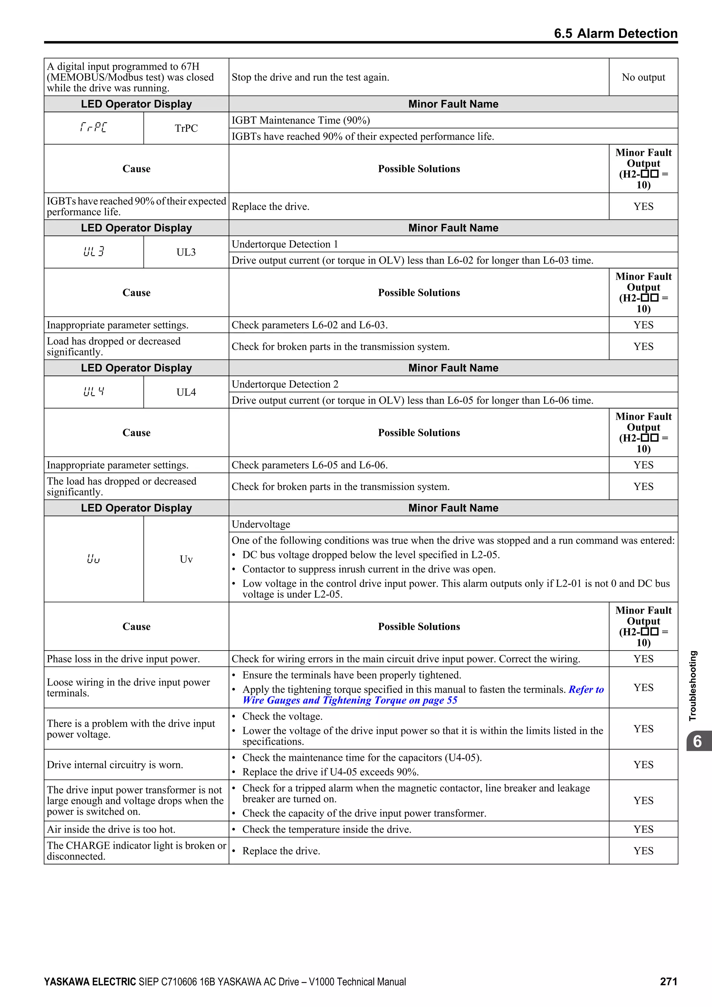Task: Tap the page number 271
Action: tap(668, 982)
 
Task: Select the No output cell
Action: tap(643, 77)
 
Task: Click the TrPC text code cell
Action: tap(186, 128)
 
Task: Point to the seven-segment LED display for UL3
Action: tap(94, 252)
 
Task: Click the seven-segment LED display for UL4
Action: tap(94, 392)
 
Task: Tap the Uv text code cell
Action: tap(186, 559)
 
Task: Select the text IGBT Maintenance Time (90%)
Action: tap(301, 120)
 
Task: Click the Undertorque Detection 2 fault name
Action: tap(285, 384)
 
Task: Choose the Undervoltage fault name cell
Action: tap(261, 524)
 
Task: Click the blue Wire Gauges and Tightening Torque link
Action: tap(349, 700)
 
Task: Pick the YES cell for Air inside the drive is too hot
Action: tap(643, 829)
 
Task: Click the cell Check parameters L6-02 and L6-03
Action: tap(309, 325)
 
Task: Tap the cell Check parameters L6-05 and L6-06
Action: tap(309, 465)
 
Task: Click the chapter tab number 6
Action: tap(697, 741)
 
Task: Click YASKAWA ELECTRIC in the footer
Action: tap(90, 982)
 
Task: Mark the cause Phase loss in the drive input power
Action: tap(123, 659)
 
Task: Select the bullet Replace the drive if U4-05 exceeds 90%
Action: tap(330, 772)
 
